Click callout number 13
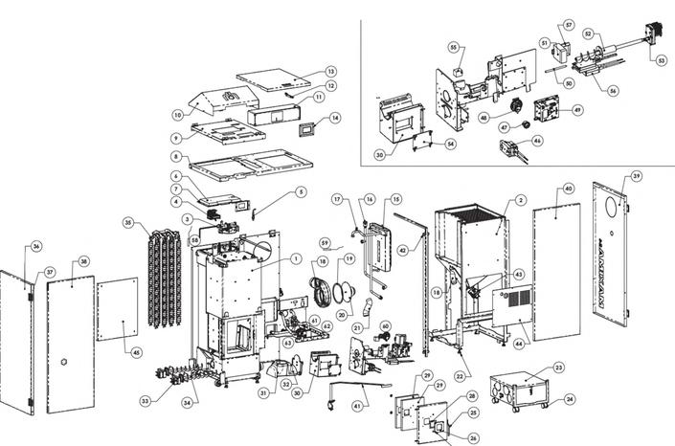coord(331,72)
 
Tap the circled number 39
coord(637,178)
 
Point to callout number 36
coord(35,246)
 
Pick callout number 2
coord(521,200)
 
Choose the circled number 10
coord(177,115)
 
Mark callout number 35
coord(128,222)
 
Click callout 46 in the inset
coord(537,141)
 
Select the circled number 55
coord(455,45)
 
